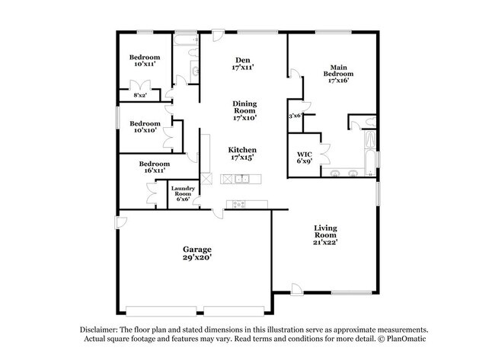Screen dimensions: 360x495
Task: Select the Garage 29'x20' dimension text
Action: (x=196, y=258)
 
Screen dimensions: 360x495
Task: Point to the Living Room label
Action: (x=326, y=234)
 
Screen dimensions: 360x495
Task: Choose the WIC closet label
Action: (x=304, y=158)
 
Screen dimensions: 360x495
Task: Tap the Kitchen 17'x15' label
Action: (x=242, y=155)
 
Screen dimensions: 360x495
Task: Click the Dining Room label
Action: (x=244, y=110)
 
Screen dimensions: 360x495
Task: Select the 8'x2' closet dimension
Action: (x=141, y=95)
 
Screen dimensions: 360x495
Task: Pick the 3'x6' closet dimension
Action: (x=295, y=116)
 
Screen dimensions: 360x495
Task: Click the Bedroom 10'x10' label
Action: (x=145, y=127)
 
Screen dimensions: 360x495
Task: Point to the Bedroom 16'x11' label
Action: (x=154, y=167)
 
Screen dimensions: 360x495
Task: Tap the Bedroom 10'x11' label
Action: (x=145, y=61)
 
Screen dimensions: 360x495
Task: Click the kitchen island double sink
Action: (x=242, y=180)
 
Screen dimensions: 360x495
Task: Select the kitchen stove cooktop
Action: (x=239, y=203)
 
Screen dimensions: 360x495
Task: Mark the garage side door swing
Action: (x=122, y=221)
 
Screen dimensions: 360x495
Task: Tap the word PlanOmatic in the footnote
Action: (x=407, y=338)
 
